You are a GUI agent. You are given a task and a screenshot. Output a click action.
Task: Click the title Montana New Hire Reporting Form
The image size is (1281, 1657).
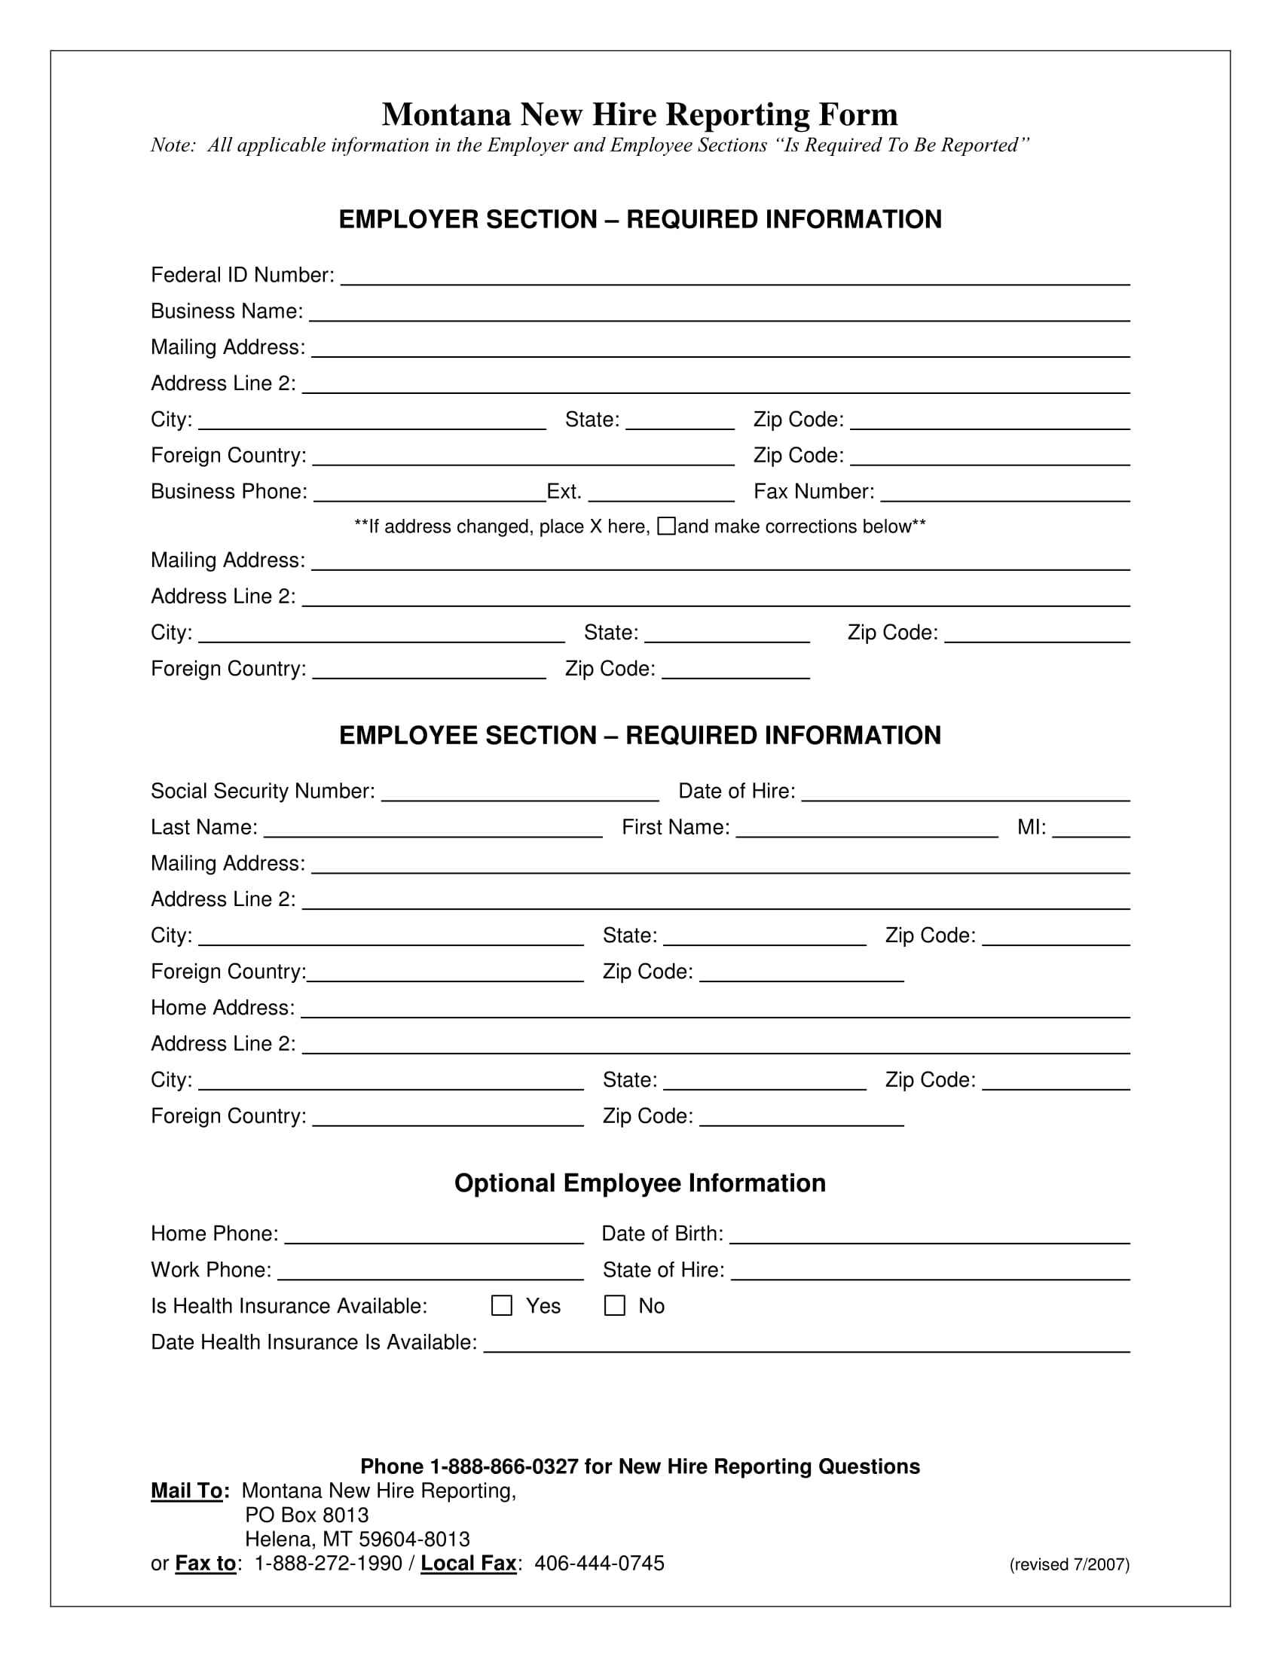coord(639,114)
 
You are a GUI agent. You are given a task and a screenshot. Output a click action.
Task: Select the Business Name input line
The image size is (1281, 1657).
coord(719,313)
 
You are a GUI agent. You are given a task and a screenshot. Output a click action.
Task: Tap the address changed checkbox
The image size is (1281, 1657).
coord(666,526)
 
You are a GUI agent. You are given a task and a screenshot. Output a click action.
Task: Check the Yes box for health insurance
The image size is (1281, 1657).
coord(502,1305)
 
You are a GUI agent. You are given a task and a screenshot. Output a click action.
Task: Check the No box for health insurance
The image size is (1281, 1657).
coord(614,1305)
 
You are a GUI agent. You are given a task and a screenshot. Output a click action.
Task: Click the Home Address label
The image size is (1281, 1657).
coord(222,1008)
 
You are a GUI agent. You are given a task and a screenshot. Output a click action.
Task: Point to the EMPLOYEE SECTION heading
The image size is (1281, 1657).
coord(639,735)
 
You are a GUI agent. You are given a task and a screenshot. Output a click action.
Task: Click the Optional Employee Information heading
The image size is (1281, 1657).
coord(639,1182)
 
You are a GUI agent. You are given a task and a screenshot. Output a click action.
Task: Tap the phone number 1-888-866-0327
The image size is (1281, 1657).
coord(504,1466)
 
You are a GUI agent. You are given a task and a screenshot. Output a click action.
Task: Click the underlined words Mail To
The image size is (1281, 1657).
coord(187,1491)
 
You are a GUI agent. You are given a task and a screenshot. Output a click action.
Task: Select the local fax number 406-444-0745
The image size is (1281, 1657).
coord(599,1564)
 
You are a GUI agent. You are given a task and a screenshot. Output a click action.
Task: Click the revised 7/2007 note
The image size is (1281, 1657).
coord(1069,1564)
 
